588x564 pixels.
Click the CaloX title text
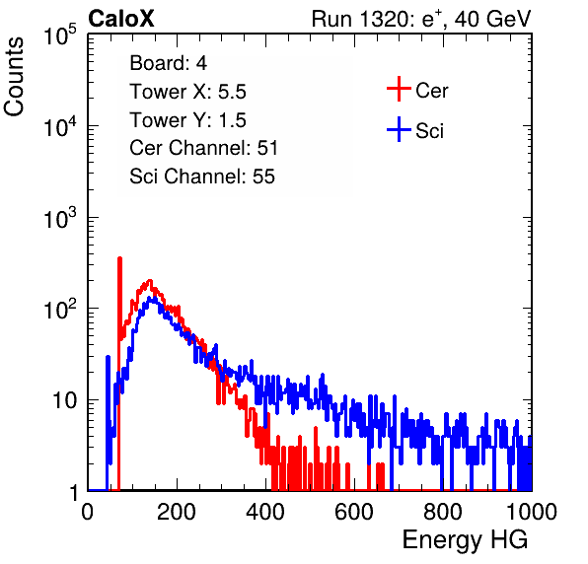(x=121, y=19)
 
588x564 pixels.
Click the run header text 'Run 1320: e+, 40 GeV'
(x=421, y=19)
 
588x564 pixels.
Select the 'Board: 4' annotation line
(x=168, y=63)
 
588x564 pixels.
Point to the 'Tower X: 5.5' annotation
(x=187, y=92)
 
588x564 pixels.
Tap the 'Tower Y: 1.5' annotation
(x=187, y=120)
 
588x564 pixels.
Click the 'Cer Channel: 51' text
(x=203, y=148)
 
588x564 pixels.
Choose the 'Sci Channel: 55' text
(x=202, y=176)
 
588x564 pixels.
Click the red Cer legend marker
(x=399, y=89)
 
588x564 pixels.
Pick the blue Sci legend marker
(x=399, y=130)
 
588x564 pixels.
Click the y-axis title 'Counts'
(x=14, y=77)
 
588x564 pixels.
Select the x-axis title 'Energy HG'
(x=465, y=539)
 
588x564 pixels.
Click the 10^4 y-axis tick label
(x=60, y=126)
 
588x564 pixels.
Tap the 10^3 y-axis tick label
(x=60, y=218)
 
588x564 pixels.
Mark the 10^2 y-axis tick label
(x=60, y=310)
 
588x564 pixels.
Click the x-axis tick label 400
(x=265, y=512)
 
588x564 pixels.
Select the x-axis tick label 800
(x=443, y=512)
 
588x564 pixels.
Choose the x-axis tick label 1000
(x=532, y=512)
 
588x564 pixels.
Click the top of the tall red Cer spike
(x=120, y=257)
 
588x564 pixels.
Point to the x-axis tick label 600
(x=354, y=512)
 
